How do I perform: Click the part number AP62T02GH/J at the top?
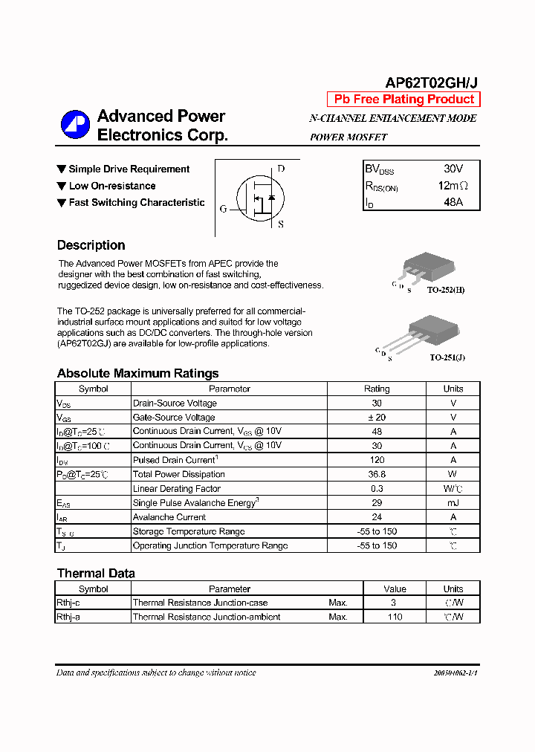432,83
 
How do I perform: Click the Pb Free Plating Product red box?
403,100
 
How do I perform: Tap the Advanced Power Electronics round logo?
75,125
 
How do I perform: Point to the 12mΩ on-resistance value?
453,186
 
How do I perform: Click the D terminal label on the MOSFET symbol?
281,169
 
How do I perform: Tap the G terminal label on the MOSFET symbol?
223,210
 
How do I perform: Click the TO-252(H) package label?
446,290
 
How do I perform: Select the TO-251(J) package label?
447,357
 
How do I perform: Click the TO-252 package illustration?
425,268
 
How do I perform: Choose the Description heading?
91,245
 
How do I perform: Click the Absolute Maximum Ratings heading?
137,373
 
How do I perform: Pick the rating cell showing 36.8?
377,474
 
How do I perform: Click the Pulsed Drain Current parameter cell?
229,460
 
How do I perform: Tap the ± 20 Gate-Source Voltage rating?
377,418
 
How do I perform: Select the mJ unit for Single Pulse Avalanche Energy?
453,503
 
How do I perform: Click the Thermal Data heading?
96,573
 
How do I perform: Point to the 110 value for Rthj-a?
395,617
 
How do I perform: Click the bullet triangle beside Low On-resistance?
62,186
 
